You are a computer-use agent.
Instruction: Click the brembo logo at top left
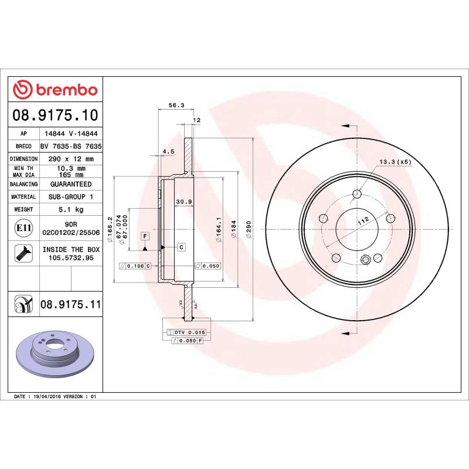(x=56, y=90)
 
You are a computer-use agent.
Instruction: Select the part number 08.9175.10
(x=56, y=115)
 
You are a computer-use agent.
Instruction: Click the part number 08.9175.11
(x=71, y=305)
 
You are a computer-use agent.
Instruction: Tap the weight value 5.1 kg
(x=71, y=209)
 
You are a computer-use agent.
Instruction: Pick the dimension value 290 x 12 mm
(x=71, y=159)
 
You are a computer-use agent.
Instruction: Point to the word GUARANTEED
(x=71, y=184)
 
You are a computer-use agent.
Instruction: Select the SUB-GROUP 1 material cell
(x=71, y=197)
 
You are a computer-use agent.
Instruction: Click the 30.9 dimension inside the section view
(x=184, y=202)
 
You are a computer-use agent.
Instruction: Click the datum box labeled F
(x=144, y=236)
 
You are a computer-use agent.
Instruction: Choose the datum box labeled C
(x=181, y=247)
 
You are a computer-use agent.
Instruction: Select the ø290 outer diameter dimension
(x=249, y=226)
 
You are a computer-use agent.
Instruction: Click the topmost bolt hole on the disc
(x=356, y=194)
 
